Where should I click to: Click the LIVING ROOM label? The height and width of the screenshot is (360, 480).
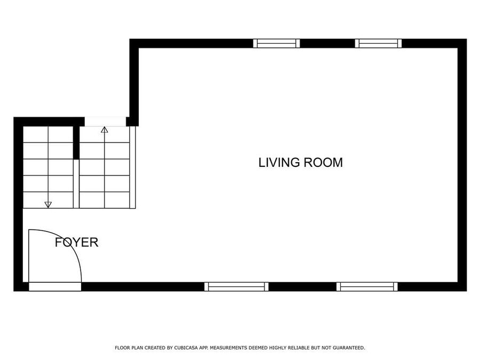300,163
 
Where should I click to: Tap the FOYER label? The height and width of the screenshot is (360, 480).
77,243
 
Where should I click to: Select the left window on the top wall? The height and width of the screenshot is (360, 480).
276,43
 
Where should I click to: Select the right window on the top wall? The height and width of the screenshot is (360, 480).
379,43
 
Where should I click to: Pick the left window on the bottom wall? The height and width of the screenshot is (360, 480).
236,287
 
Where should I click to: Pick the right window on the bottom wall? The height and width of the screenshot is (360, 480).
367,287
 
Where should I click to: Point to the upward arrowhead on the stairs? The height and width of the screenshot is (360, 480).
105,129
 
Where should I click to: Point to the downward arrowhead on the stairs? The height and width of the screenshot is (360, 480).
48,204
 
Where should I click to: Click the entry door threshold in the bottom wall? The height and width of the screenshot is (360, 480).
54,287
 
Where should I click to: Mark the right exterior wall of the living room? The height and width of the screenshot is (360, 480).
462,165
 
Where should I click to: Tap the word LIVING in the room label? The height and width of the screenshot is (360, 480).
279,163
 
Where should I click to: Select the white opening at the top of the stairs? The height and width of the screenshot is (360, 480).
105,122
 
